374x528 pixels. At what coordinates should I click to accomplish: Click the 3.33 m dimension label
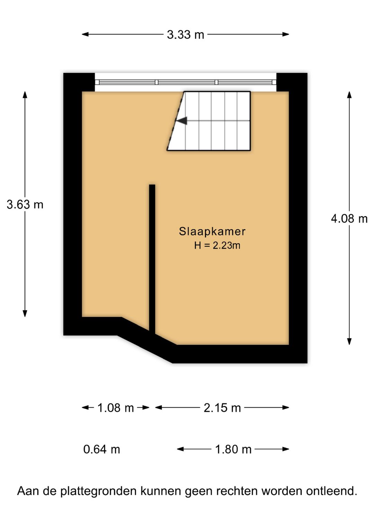186,35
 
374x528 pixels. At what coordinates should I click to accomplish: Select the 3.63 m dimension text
25,204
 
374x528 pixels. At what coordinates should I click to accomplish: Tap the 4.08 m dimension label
349,219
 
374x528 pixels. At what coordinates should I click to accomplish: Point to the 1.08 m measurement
116,408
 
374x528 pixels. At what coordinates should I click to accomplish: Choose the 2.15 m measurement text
222,408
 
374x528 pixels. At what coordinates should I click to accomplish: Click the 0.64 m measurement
102,449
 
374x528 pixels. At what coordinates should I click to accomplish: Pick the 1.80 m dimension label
233,449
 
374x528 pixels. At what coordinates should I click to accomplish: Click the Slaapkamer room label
212,231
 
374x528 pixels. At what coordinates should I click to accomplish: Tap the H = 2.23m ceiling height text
217,246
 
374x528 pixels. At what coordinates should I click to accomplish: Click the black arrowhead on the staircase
182,121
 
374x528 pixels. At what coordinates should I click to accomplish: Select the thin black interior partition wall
152,259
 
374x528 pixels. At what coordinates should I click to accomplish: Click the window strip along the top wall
186,82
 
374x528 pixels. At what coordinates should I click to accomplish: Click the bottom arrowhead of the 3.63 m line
25,314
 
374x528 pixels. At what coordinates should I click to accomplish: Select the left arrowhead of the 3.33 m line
85,34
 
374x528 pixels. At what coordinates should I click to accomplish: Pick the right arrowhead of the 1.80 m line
286,449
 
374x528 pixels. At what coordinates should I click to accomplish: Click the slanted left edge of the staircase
176,121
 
